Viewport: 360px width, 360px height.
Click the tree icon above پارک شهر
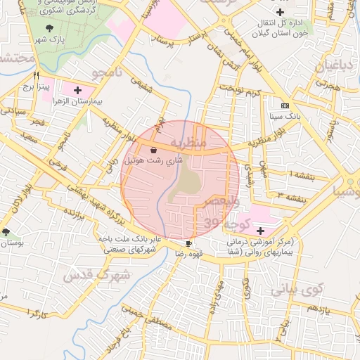[x=49, y=27]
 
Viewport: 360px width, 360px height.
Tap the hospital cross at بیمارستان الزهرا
[x=77, y=91]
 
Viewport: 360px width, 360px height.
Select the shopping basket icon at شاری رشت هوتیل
[x=153, y=149]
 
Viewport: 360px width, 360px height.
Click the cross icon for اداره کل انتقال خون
[x=281, y=13]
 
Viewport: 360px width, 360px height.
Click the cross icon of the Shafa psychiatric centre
[x=260, y=231]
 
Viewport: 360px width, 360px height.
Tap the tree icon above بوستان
[x=6, y=232]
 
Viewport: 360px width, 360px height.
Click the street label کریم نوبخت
[x=238, y=91]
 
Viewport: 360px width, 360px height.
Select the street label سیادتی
[x=15, y=111]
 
